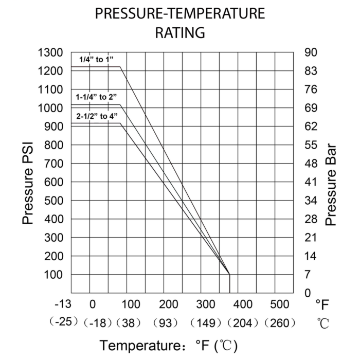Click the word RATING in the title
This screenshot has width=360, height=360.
click(x=179, y=33)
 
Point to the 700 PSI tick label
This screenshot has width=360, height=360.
click(x=53, y=164)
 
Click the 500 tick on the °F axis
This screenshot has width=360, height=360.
click(x=280, y=303)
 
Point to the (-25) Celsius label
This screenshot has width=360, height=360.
click(x=64, y=323)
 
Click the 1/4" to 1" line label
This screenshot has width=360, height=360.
click(x=95, y=59)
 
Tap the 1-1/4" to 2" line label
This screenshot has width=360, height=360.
click(x=96, y=97)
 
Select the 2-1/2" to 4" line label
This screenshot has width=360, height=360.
click(x=96, y=116)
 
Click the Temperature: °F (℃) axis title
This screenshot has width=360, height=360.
click(x=169, y=344)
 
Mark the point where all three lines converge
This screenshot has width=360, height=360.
click(x=229, y=274)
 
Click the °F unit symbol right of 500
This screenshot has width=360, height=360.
click(x=321, y=304)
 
